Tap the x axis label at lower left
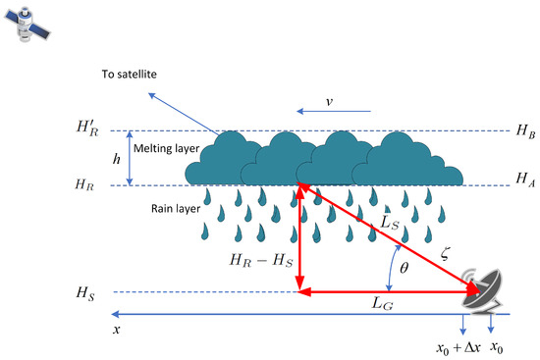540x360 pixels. [x=117, y=331]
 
